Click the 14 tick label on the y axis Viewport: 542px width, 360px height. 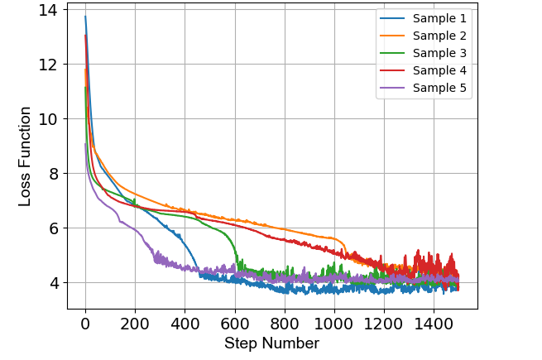48,11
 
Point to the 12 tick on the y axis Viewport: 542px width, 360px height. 48,65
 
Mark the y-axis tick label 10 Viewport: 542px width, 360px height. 48,119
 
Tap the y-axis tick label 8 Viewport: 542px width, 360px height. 52,174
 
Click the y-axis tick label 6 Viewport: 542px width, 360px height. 52,228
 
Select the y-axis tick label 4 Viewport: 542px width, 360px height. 52,283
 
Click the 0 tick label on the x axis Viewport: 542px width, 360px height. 85,324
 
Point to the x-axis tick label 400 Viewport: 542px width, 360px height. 185,324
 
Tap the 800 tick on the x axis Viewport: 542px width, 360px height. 285,324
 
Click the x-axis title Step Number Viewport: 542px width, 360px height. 271,343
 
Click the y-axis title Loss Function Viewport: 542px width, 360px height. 26,156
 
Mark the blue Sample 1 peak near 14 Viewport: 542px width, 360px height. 85,17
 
